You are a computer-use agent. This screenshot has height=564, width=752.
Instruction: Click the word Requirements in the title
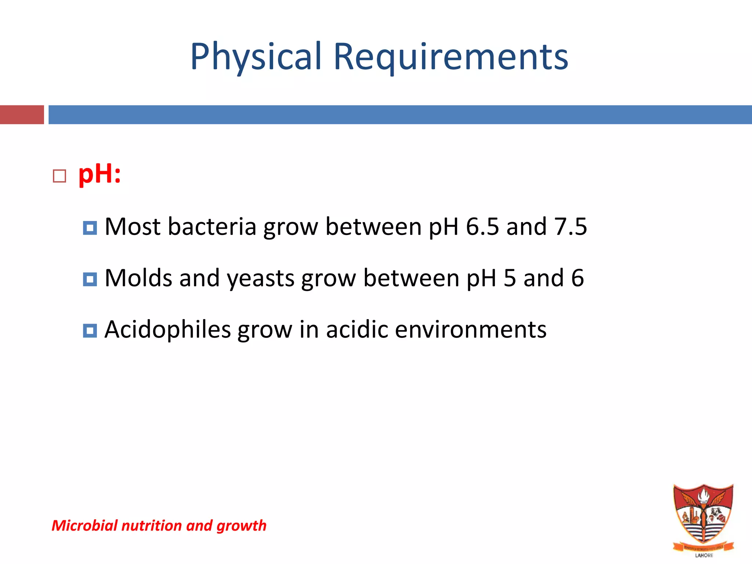click(451, 57)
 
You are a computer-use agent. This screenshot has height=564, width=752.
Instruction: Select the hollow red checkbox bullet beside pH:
click(59, 176)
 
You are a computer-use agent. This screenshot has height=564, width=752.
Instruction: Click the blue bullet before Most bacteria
click(90, 228)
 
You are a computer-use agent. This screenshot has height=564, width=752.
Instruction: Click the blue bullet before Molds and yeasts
click(90, 279)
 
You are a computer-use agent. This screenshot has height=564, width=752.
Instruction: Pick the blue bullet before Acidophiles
click(90, 331)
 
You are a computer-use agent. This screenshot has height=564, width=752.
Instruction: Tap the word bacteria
click(212, 227)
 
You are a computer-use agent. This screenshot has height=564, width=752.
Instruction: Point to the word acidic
click(357, 329)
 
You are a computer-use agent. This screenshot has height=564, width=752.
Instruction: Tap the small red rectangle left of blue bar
click(22, 115)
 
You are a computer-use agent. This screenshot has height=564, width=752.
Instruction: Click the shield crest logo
click(703, 516)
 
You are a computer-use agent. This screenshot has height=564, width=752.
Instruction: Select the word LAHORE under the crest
click(704, 556)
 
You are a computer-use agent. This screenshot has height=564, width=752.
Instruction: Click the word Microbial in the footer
click(85, 525)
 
